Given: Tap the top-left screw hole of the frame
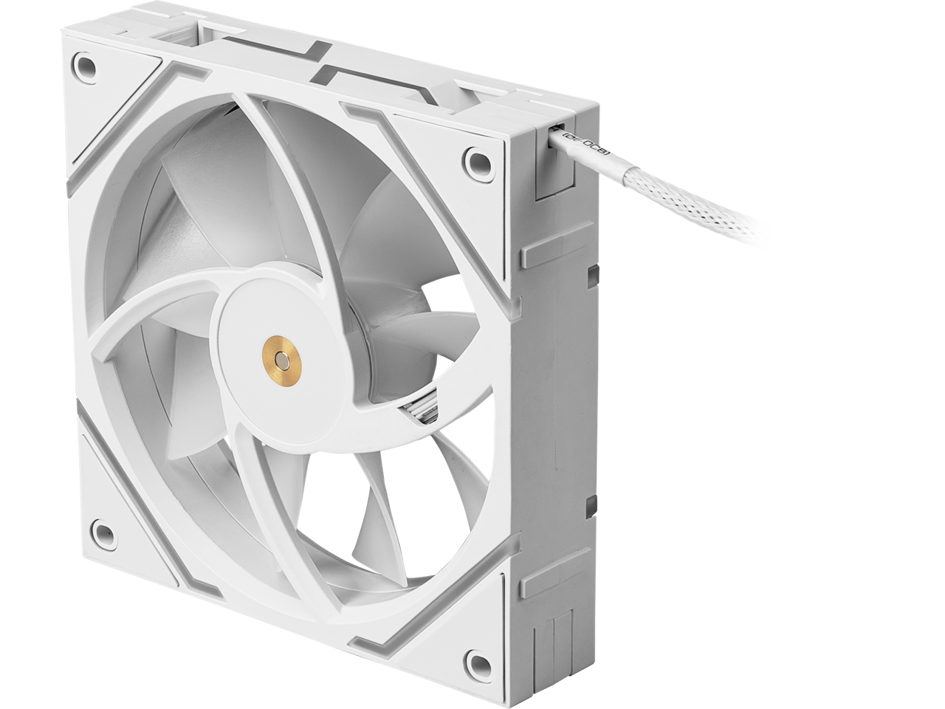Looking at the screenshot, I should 87,65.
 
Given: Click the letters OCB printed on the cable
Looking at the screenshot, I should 594,140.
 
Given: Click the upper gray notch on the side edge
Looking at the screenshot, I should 591,274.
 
